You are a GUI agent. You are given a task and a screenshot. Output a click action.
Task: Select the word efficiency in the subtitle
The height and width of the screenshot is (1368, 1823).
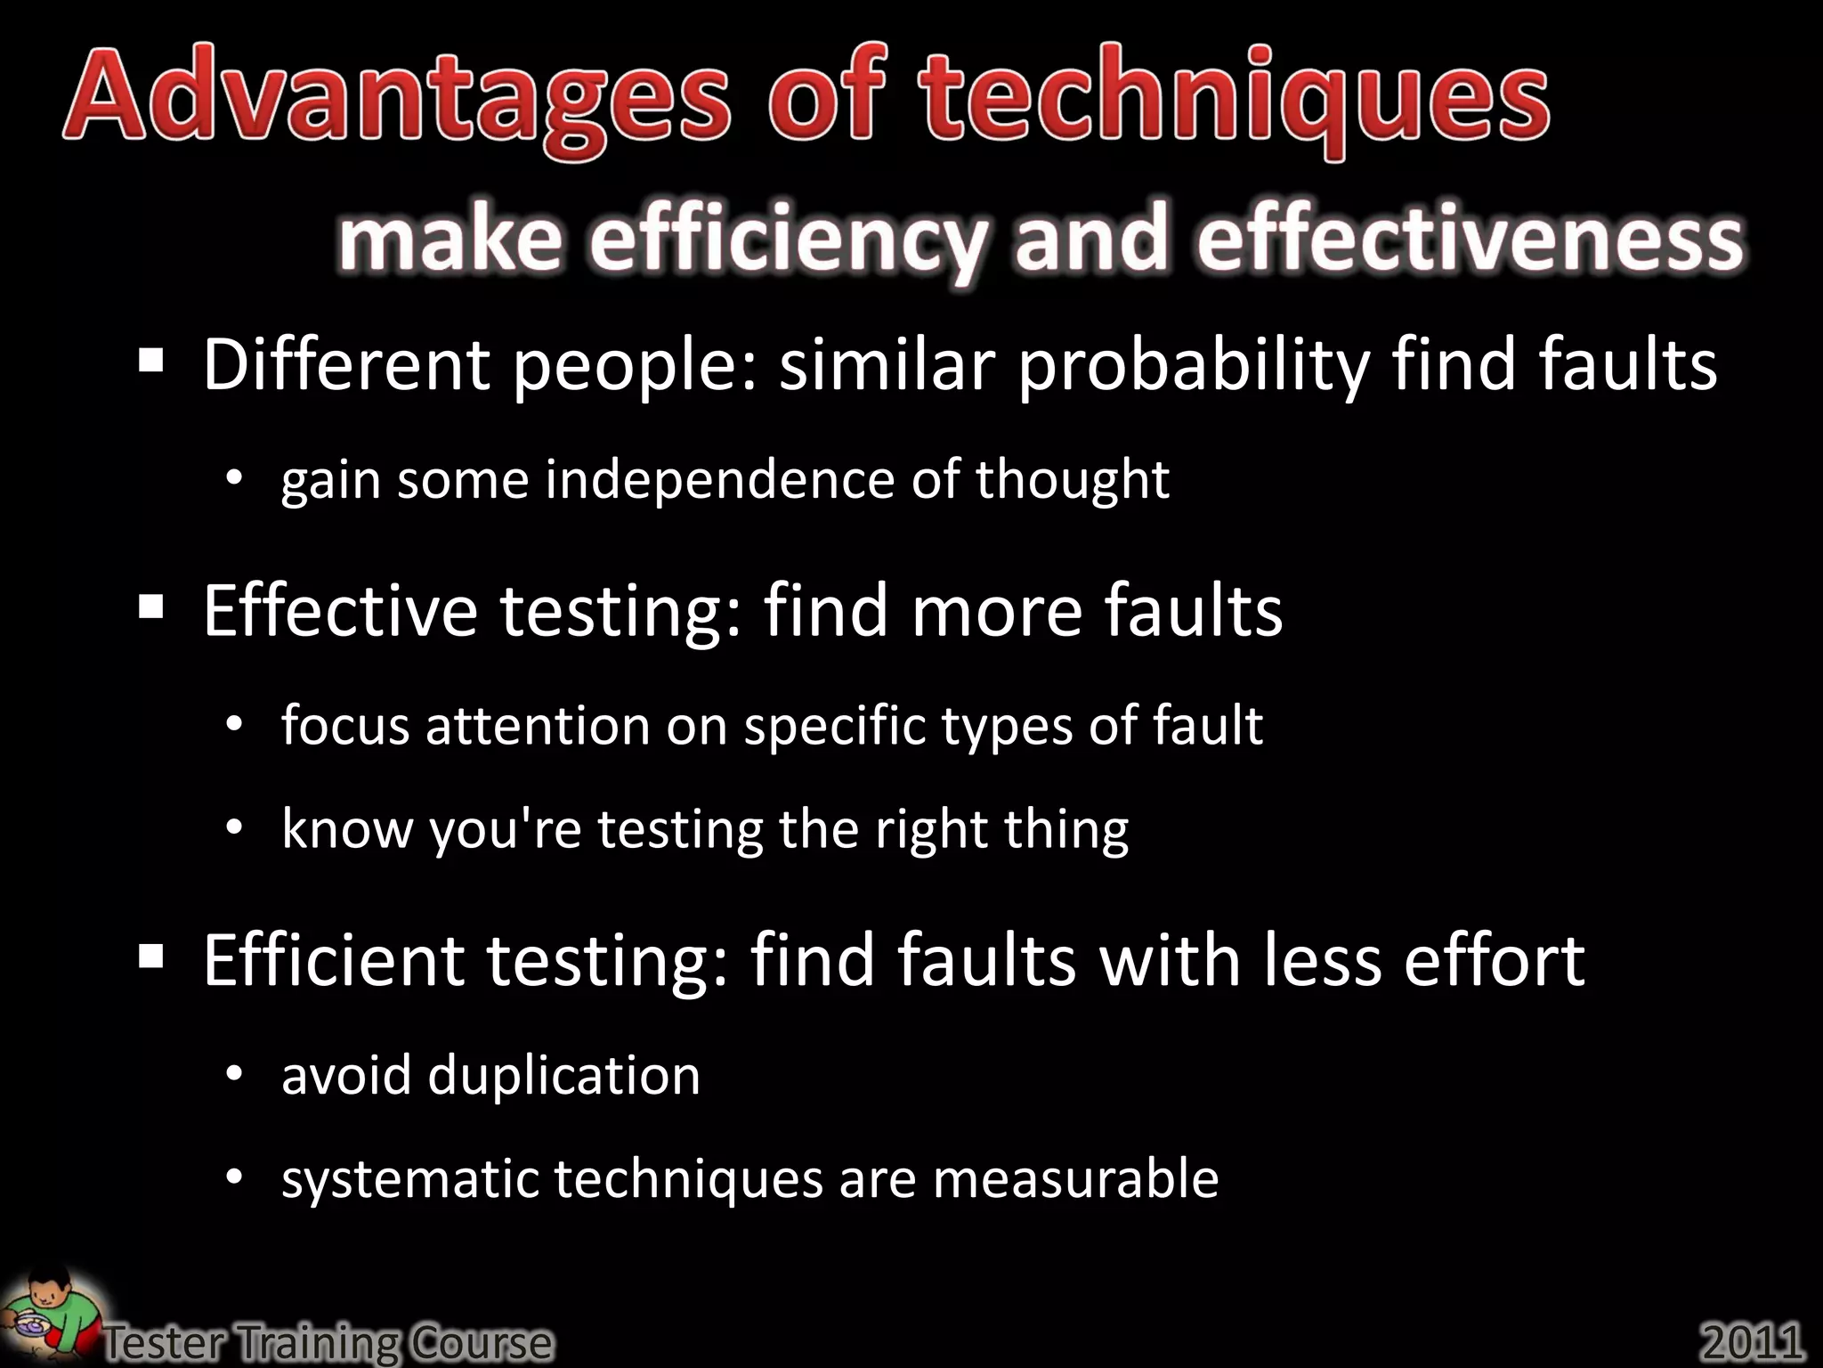pos(788,240)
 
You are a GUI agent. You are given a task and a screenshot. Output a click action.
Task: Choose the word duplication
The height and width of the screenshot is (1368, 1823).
pos(564,1076)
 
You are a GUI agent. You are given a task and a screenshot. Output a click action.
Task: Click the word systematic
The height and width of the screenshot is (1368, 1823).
pos(410,1179)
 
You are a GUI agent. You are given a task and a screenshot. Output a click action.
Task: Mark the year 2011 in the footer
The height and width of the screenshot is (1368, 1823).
pos(1752,1341)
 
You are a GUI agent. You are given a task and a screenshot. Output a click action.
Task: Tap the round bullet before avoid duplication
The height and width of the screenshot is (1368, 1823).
pos(234,1076)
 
